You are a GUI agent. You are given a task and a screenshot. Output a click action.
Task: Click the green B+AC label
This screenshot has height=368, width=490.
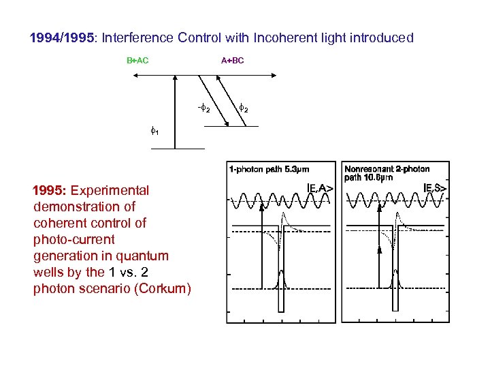137,61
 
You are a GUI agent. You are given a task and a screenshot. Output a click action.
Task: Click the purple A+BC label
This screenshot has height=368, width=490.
232,61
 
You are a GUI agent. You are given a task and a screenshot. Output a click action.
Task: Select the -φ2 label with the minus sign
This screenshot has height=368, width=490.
203,109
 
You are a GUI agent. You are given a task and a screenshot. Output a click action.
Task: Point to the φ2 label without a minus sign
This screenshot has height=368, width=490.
244,108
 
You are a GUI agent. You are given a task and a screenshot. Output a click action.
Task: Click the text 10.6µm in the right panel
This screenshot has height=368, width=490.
379,177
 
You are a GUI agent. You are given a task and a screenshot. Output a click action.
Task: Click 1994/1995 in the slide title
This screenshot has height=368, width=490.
62,38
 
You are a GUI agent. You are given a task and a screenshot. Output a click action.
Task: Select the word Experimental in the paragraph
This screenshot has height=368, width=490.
110,190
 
